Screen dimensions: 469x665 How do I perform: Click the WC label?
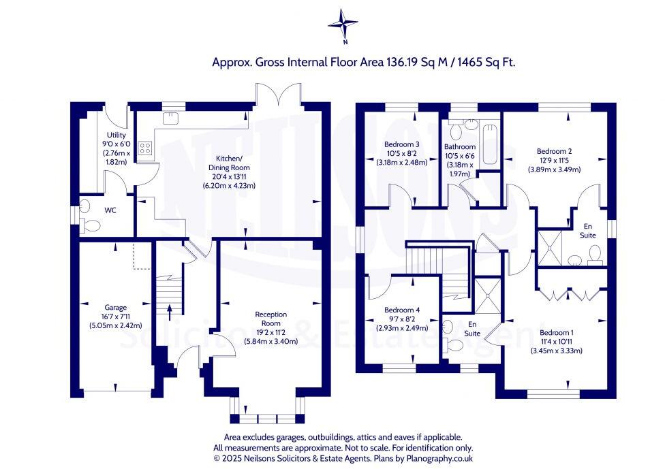(x=110, y=210)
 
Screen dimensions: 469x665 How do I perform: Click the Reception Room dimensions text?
(x=271, y=333)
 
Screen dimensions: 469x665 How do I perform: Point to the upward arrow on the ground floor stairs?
(x=169, y=311)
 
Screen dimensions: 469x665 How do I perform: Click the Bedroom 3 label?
(x=401, y=145)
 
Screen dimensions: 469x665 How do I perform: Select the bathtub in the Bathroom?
(x=489, y=144)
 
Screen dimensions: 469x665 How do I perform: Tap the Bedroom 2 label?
(x=554, y=151)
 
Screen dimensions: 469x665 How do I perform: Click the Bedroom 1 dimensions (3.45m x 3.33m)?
(x=556, y=351)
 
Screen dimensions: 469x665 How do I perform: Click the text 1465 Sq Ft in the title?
(x=487, y=62)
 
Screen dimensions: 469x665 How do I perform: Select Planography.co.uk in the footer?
(x=433, y=459)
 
